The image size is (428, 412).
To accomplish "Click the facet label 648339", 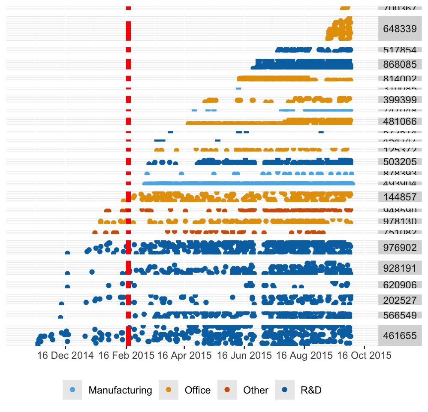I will (x=400, y=29).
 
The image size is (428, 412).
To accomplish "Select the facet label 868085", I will (x=400, y=64).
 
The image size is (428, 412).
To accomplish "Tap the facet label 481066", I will (x=400, y=121).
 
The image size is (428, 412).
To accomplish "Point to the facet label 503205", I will (x=400, y=162).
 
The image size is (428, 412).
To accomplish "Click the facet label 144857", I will (x=400, y=197).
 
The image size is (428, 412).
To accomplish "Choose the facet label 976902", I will (x=400, y=248).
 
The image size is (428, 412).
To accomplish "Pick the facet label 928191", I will (x=400, y=268).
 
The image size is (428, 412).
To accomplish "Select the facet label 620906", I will (x=400, y=285).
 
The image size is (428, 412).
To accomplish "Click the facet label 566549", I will (x=400, y=315).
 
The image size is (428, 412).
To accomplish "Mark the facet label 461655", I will (x=400, y=336).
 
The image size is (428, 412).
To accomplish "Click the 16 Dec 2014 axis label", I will (x=65, y=356).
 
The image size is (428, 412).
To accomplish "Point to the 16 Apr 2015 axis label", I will (x=184, y=356).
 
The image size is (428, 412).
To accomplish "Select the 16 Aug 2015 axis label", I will (x=304, y=356).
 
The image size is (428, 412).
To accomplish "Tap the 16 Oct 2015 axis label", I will (x=364, y=356).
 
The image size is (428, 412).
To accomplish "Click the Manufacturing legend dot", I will (x=72, y=390).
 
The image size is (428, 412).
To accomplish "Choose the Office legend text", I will (x=197, y=391).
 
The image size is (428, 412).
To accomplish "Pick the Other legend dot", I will (x=227, y=390).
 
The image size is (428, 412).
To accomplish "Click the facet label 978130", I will (x=400, y=221).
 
